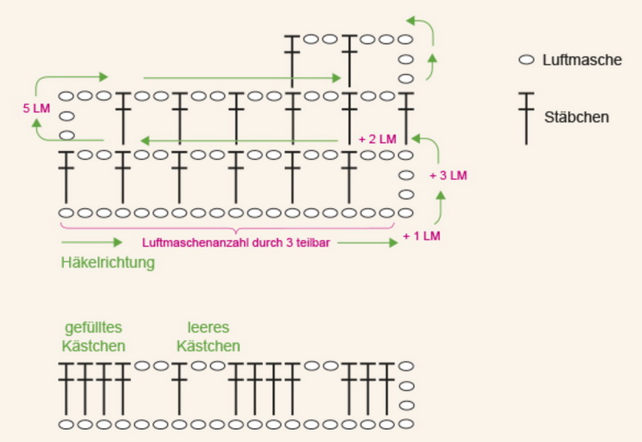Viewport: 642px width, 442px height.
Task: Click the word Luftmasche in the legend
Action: pyautogui.click(x=582, y=59)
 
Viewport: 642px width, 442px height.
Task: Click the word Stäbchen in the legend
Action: pyautogui.click(x=576, y=117)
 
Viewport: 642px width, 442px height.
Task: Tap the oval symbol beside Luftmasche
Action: pyautogui.click(x=526, y=59)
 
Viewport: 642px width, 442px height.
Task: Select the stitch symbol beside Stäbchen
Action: pyautogui.click(x=526, y=117)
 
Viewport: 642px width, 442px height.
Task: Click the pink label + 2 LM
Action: pyautogui.click(x=377, y=138)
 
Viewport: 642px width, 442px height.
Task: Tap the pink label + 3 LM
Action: pyautogui.click(x=448, y=174)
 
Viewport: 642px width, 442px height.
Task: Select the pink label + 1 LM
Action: pyautogui.click(x=422, y=236)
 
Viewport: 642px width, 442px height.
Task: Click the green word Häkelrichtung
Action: pyautogui.click(x=108, y=262)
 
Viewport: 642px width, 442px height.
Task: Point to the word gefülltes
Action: pyautogui.click(x=94, y=328)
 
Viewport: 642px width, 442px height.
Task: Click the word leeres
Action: pyautogui.click(x=208, y=328)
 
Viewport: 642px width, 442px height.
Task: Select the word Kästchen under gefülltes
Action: pyautogui.click(x=94, y=346)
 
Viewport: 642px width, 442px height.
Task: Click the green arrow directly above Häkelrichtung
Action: pyautogui.click(x=91, y=242)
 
